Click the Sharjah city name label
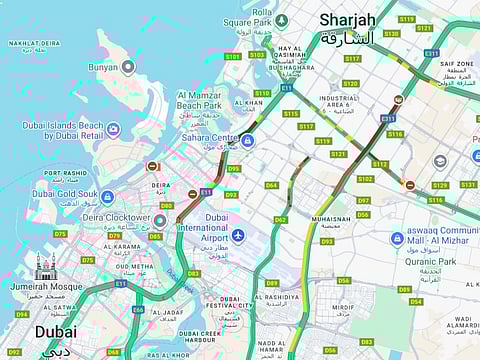347,20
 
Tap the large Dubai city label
54,331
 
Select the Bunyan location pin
128,67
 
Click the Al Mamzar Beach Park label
198,99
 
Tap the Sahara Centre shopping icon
249,139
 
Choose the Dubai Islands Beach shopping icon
113,130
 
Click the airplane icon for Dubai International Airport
238,236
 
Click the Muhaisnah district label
331,217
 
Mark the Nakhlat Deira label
29,44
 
